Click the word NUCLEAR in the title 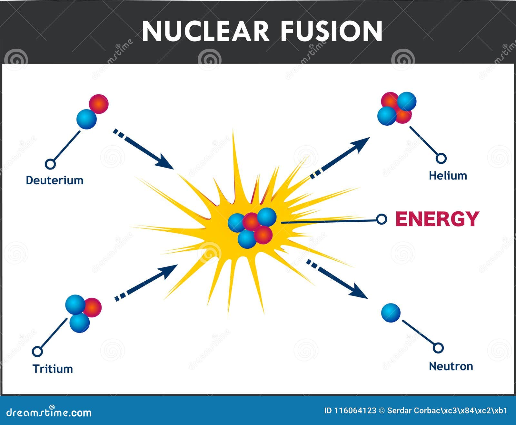pos(205,31)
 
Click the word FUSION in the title pos(332,31)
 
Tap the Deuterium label pos(55,180)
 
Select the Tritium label pos(53,369)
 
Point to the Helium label pos(448,176)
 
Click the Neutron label pos(451,366)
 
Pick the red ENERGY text pos(437,219)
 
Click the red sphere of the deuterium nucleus pos(99,104)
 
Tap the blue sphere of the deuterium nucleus pos(86,119)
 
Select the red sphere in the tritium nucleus pos(92,307)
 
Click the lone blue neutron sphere pos(391,313)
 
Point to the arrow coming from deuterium pos(144,149)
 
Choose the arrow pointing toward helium pos(340,158)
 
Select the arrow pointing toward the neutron pos(337,279)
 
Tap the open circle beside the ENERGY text pos(382,219)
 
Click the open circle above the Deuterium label pos(50,164)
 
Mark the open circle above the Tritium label pos(37,351)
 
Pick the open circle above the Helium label pos(441,158)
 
